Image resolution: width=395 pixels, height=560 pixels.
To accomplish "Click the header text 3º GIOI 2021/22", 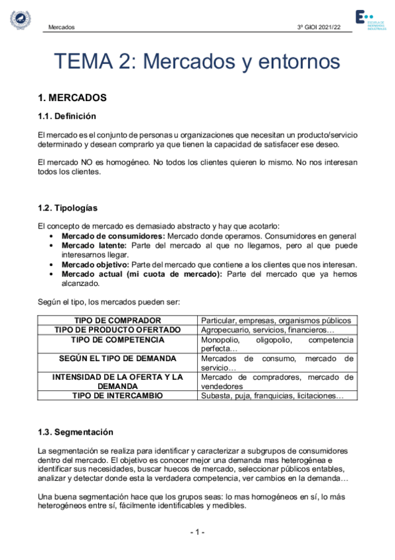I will click(320, 28).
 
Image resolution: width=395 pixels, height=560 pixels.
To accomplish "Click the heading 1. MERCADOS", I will click(73, 98).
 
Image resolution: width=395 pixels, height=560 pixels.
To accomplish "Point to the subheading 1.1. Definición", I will click(67, 116).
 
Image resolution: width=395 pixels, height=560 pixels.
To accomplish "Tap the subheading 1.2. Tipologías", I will click(68, 208).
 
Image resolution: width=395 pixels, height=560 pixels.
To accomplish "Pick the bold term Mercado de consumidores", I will click(113, 236).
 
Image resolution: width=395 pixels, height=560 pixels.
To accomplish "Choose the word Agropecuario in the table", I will click(227, 330).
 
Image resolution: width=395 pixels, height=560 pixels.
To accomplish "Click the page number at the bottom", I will click(197, 532).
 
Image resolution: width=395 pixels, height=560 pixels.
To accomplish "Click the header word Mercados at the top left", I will click(61, 28).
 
